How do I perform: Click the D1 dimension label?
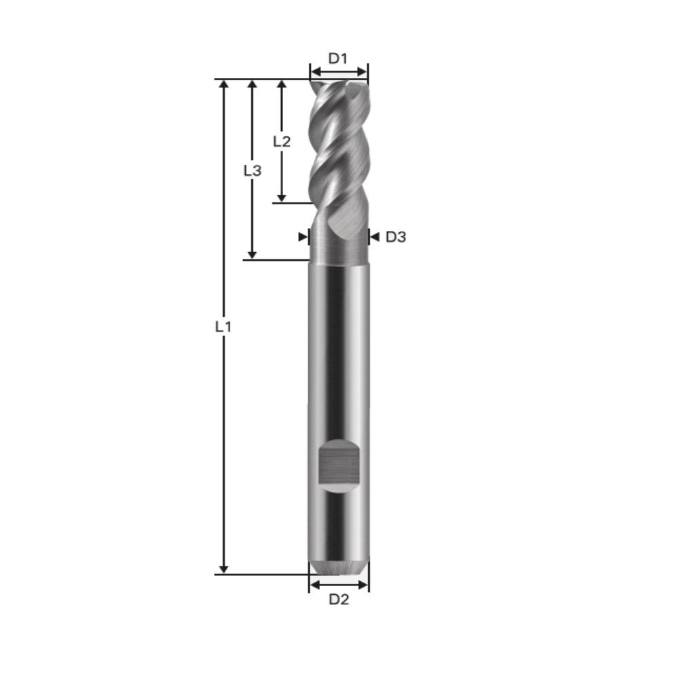[338, 58]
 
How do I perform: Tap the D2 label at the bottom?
[339, 600]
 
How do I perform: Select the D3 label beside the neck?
[396, 237]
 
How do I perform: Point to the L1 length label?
[223, 327]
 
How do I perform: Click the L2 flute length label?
[282, 141]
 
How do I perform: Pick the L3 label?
[252, 171]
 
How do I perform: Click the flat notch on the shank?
[338, 466]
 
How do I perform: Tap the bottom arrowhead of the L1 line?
[224, 568]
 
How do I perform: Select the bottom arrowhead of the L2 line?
[281, 197]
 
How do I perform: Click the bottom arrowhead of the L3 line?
[252, 254]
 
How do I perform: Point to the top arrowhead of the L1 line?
[224, 85]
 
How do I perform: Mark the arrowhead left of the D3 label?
[373, 237]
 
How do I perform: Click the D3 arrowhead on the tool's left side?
[303, 237]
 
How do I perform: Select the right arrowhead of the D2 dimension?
[365, 585]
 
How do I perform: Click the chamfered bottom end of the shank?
[339, 567]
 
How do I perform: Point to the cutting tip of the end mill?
[338, 85]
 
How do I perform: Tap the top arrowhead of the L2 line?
[281, 85]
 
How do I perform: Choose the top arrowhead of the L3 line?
[252, 85]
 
